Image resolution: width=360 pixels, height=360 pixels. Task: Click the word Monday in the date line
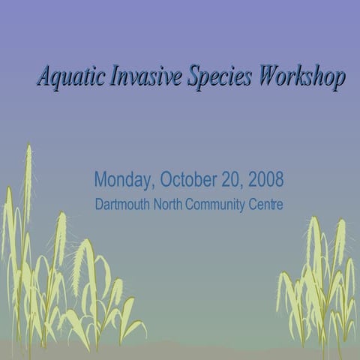click(x=124, y=181)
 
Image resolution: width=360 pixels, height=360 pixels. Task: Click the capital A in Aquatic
click(x=45, y=76)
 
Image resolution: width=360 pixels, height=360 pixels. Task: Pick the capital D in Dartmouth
click(x=100, y=204)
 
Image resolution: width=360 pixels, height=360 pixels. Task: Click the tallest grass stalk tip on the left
click(x=28, y=148)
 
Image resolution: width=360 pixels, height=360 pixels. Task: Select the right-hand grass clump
click(x=319, y=285)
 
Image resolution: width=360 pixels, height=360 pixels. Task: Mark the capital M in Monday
click(x=100, y=181)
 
